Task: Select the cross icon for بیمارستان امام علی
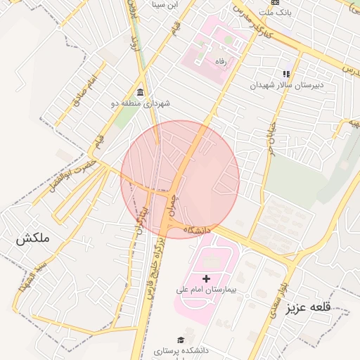pyautogui.click(x=206, y=279)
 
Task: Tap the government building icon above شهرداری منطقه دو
pyautogui.click(x=141, y=93)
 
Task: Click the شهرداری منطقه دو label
pyautogui.click(x=141, y=103)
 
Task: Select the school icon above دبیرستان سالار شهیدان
pyautogui.click(x=285, y=73)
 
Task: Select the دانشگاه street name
pyautogui.click(x=198, y=230)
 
